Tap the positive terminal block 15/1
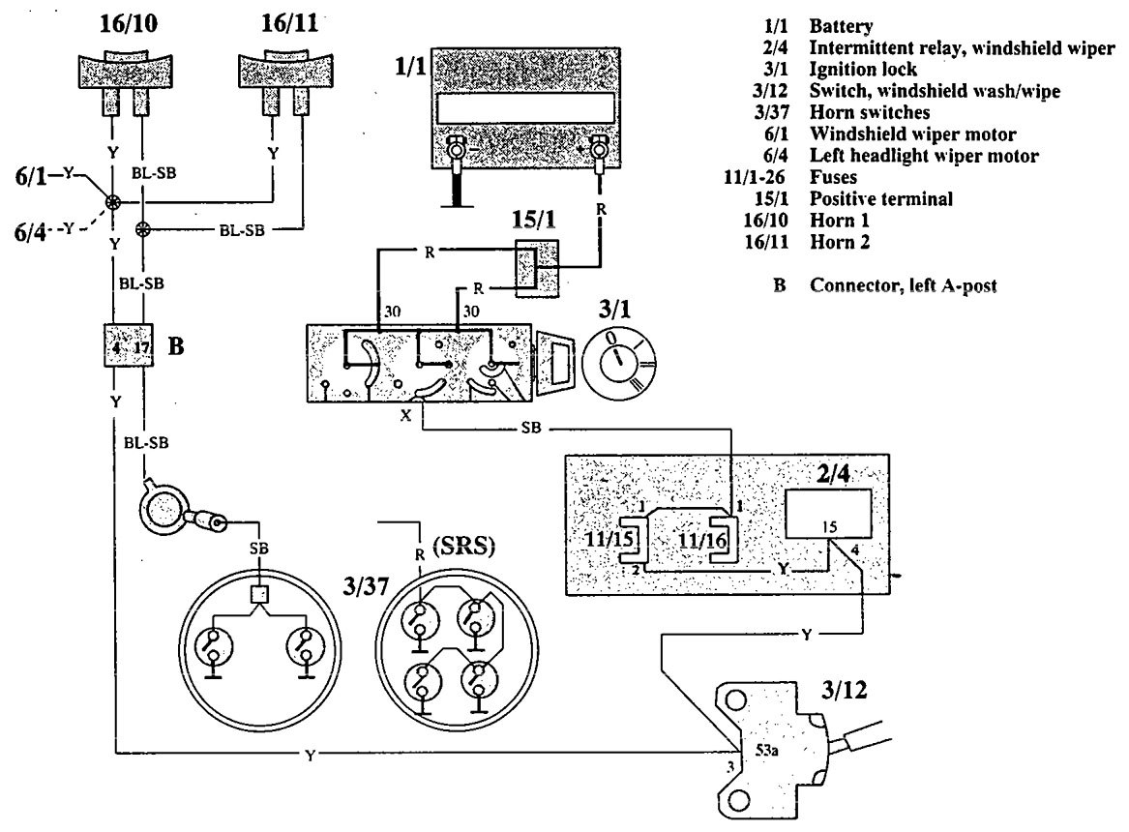coord(537,268)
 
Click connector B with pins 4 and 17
coord(129,344)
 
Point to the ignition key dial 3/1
coord(618,364)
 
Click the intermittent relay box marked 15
coord(828,513)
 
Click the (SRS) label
coord(464,547)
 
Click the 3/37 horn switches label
coord(365,586)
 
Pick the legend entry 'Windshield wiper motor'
coord(912,134)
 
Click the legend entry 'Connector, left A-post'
coord(903,285)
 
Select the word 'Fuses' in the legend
coord(833,177)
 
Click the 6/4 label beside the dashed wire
coord(30,232)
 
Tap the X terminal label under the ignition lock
coord(406,415)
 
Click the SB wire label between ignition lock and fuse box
coord(531,428)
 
